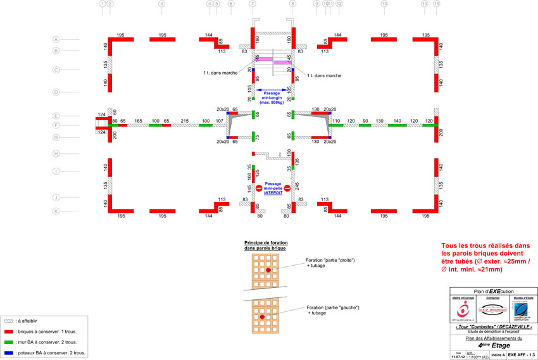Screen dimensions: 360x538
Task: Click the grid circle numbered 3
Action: point(161,4)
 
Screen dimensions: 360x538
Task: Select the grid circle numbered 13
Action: point(384,4)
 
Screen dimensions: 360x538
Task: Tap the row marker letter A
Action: point(56,39)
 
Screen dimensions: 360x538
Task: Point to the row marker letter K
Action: point(56,211)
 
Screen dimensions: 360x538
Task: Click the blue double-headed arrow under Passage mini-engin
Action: point(272,90)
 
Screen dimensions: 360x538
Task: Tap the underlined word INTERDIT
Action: point(272,192)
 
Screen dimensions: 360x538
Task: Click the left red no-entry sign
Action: point(258,188)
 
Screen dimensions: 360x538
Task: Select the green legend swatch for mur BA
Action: point(8,342)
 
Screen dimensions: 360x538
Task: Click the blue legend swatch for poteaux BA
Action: point(8,353)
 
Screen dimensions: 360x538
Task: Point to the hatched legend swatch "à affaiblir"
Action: point(8,321)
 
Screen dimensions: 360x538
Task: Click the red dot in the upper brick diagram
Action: point(268,270)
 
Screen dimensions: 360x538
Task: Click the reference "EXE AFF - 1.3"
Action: point(522,356)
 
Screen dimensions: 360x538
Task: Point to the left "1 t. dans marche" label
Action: point(220,73)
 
